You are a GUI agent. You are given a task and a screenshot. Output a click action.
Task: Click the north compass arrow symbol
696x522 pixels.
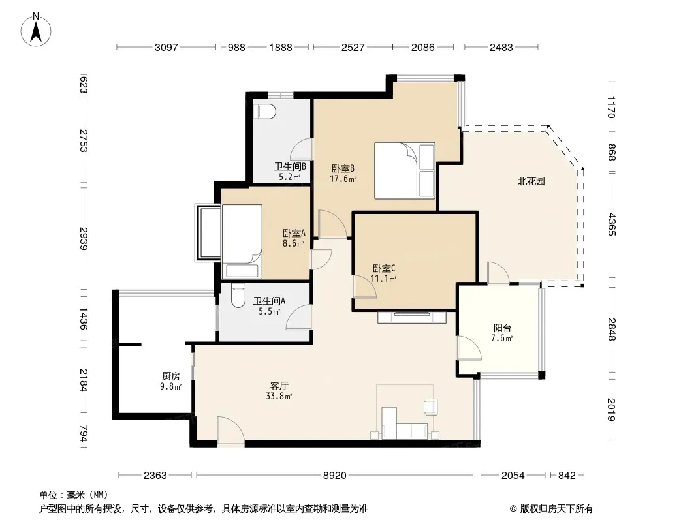point(36,30)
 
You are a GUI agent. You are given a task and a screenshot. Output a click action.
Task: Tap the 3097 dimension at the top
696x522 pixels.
point(166,47)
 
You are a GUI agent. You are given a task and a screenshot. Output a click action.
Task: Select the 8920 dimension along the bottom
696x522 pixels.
point(334,476)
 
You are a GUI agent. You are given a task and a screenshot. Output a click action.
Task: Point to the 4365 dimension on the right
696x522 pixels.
point(612,224)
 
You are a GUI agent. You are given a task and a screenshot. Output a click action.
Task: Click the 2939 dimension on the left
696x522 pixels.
point(84,238)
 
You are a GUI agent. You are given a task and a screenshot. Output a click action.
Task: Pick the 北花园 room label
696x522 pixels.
point(531,181)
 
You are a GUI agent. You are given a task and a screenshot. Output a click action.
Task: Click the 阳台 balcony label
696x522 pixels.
point(502,328)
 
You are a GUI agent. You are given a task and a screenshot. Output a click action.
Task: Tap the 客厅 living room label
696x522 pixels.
point(279,386)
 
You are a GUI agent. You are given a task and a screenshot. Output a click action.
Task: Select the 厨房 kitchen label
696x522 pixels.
point(171,376)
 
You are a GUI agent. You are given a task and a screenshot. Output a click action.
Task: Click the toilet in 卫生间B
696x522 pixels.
point(264,112)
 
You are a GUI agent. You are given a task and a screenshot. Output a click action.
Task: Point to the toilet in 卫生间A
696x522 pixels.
point(238,296)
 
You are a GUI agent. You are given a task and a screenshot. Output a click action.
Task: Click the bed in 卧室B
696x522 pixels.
point(404,170)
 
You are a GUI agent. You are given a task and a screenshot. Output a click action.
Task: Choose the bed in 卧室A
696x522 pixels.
point(242,241)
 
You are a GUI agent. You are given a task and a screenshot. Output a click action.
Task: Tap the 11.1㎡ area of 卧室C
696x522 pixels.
point(383,279)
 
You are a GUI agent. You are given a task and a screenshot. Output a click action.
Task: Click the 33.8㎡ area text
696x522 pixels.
point(279,397)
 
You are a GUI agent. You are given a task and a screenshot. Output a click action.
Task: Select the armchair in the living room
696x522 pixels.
point(430,407)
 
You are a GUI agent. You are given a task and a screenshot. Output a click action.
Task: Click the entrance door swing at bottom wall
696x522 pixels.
point(230,430)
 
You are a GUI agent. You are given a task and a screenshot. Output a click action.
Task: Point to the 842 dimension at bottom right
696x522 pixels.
point(566,476)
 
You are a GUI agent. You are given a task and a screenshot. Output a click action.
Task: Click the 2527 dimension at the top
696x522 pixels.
point(353,47)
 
